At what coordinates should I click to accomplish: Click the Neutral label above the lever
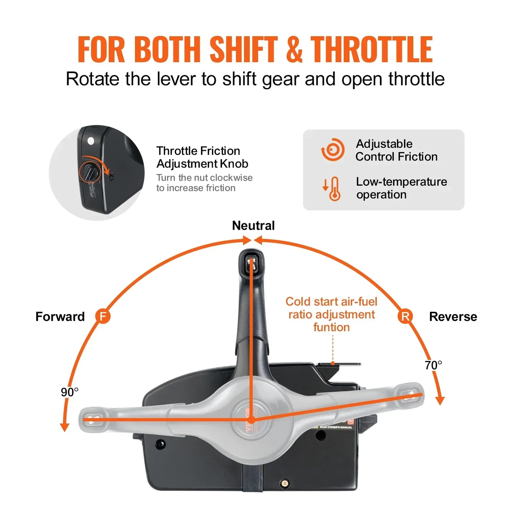(x=253, y=225)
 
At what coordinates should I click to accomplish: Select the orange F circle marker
(x=103, y=316)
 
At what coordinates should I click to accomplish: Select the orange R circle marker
(x=405, y=316)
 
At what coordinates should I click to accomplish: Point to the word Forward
(x=60, y=316)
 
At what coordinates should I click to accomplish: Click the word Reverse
(x=453, y=316)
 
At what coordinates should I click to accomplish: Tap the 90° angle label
(x=70, y=392)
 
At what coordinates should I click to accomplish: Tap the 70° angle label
(x=433, y=365)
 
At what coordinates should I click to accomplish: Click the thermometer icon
(x=334, y=189)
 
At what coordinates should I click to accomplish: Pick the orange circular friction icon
(x=333, y=150)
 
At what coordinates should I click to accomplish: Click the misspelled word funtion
(x=331, y=327)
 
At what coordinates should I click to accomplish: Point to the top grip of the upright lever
(x=251, y=263)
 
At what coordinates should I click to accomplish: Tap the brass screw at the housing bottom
(x=284, y=483)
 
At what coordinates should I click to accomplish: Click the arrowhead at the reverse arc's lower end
(x=440, y=401)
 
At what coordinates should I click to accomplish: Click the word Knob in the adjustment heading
(x=234, y=164)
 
